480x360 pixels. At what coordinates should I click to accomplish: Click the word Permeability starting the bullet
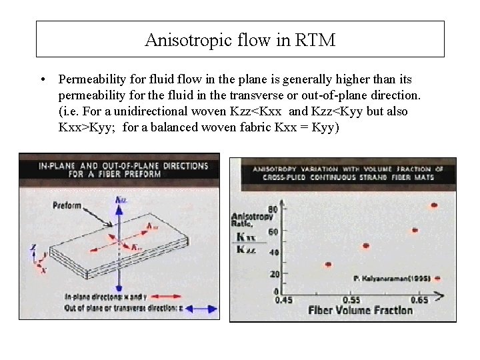(x=92, y=79)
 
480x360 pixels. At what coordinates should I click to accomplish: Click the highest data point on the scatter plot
(x=435, y=205)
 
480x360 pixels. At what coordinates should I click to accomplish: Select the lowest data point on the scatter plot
(x=328, y=265)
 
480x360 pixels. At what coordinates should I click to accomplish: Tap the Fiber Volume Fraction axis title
(x=361, y=311)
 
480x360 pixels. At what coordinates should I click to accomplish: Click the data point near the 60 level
(x=415, y=230)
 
